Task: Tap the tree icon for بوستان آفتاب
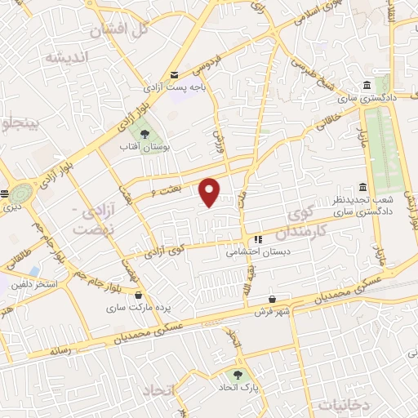tap(144, 133)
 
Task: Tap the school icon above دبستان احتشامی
tap(257, 240)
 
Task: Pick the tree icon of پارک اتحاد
tap(237, 376)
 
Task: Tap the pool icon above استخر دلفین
tap(33, 270)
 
